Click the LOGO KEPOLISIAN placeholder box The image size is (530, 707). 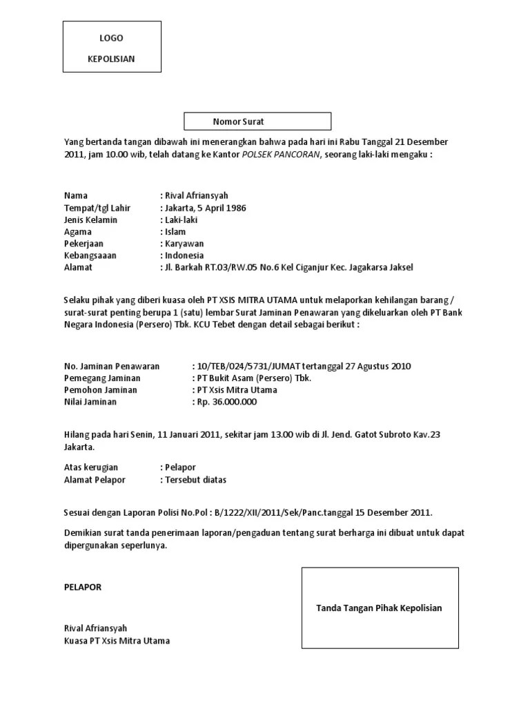click(x=112, y=47)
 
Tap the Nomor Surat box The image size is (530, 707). click(x=257, y=122)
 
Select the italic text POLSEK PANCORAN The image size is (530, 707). click(x=280, y=155)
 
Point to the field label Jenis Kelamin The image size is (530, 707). click(x=90, y=220)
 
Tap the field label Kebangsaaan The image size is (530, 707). click(x=90, y=255)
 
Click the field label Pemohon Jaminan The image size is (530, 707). click(x=100, y=390)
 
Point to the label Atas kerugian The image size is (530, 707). click(x=91, y=467)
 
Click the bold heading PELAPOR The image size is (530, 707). click(x=83, y=587)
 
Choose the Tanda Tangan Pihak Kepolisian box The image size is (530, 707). click(x=380, y=608)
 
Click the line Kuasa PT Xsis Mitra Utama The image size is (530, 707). click(x=117, y=641)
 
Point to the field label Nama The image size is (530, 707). click(x=76, y=196)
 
